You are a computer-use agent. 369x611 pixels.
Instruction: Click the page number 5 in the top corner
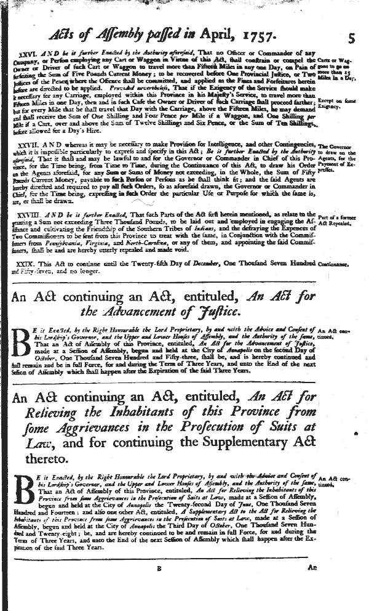[351, 36]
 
